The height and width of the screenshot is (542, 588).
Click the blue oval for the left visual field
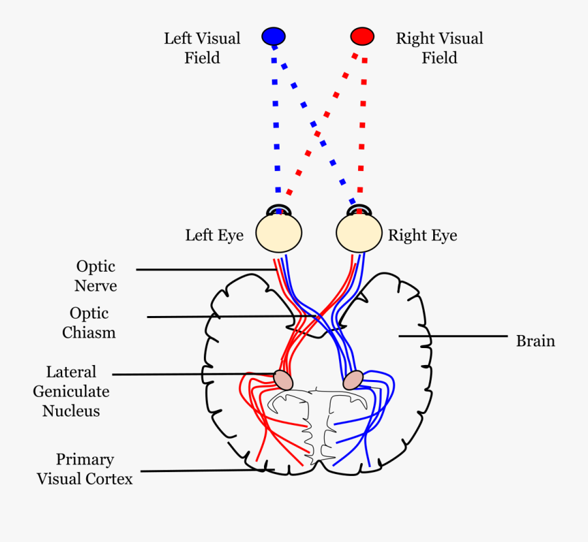tap(273, 36)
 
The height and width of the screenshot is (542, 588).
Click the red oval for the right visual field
tap(362, 35)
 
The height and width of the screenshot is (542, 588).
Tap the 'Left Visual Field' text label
tap(202, 48)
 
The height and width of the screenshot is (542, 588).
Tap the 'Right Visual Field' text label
tap(439, 48)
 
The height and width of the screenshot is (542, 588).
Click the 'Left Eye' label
tap(214, 235)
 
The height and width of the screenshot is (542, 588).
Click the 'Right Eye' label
tap(423, 235)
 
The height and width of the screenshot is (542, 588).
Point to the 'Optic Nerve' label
tap(95, 276)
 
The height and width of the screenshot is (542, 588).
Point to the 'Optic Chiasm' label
tap(89, 323)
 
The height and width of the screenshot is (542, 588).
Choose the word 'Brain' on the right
tap(535, 341)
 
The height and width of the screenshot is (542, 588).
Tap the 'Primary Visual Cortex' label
tap(84, 469)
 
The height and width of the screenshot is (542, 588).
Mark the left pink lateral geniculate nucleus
tap(283, 379)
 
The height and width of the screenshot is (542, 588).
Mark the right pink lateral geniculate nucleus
tap(353, 379)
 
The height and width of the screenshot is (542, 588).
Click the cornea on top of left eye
tap(279, 210)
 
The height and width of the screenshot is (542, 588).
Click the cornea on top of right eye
tap(358, 210)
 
